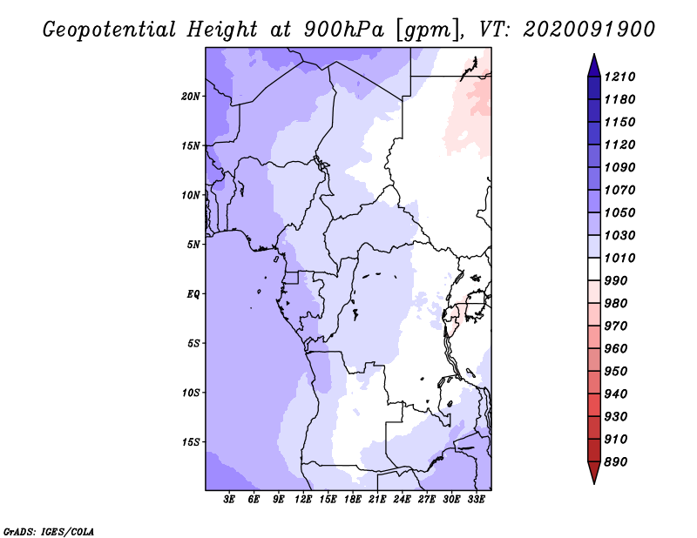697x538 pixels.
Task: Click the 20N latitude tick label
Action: pos(191,97)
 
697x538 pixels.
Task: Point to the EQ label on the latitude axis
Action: pos(193,294)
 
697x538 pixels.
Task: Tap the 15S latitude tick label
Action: pos(191,442)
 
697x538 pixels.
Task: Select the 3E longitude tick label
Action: pos(229,500)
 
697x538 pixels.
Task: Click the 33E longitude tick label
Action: pos(476,500)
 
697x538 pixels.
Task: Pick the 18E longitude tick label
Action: pos(353,500)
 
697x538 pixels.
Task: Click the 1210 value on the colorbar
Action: pos(619,77)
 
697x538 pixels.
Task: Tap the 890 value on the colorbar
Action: pos(616,462)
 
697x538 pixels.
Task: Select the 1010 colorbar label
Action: pos(619,258)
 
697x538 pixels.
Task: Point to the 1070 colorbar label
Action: pos(619,190)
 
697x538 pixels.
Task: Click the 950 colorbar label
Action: pos(616,372)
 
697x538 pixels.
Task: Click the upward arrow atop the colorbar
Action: pos(594,65)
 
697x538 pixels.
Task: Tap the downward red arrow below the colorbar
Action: pos(594,473)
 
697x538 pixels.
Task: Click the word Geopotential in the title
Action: pos(110,30)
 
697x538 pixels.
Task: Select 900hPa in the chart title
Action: pos(343,30)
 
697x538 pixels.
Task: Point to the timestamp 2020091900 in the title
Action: pos(589,30)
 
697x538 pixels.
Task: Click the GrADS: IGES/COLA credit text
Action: pos(49,532)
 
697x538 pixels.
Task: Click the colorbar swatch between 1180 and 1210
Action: pos(594,88)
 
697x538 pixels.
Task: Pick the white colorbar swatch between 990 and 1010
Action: pos(594,269)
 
